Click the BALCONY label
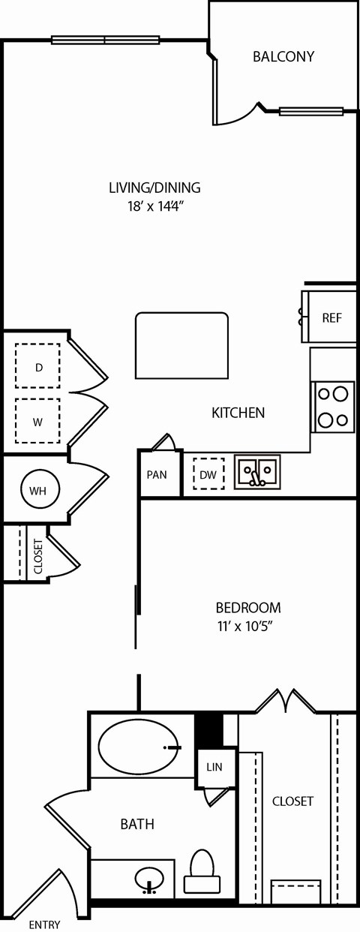coord(283,56)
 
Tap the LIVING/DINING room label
coord(154,188)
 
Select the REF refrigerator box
coord(331,317)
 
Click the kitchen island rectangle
coord(181,346)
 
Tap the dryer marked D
coord(38,367)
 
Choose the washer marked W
coord(37,421)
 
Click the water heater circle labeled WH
coord(37,491)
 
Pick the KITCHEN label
coord(238,412)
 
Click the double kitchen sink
coord(257,472)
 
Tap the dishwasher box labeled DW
coord(209,474)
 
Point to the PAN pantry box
coord(157,474)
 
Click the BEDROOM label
coord(248,607)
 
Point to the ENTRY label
coord(44,924)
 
